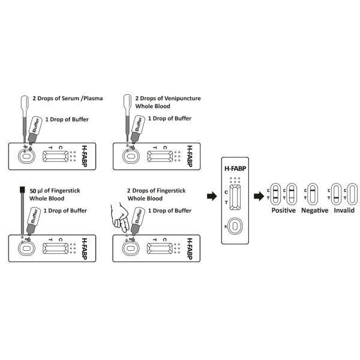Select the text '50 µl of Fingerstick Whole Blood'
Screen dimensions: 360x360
tap(55, 194)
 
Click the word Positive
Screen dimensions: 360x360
tap(283, 211)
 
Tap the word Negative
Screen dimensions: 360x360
tap(314, 211)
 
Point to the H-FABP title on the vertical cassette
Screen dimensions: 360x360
tap(236, 168)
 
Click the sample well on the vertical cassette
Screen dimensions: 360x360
tap(236, 226)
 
